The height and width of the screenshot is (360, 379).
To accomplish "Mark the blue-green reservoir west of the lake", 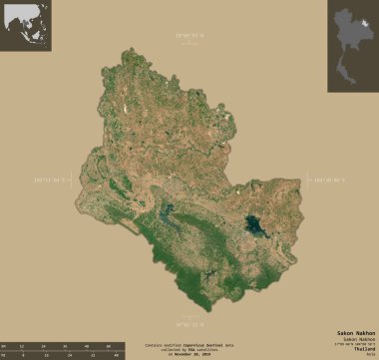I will pos(165,213).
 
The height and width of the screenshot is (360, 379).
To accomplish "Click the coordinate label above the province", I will pos(189,38).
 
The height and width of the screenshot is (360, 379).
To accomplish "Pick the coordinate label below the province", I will pos(189,323).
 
